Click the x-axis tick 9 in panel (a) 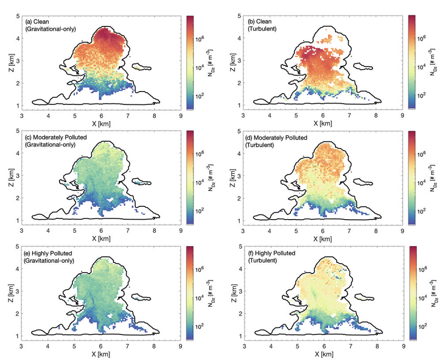click(x=181, y=116)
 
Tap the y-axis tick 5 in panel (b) click(x=239, y=16)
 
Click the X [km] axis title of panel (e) click(x=101, y=354)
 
